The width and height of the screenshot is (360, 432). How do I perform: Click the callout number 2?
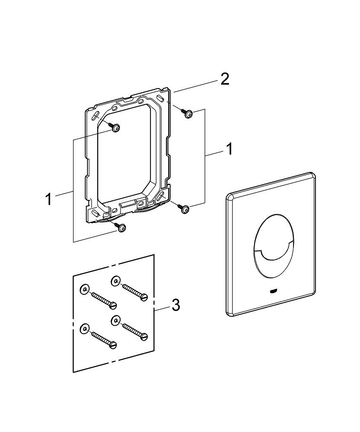click(x=224, y=79)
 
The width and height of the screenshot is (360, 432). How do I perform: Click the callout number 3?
click(x=175, y=305)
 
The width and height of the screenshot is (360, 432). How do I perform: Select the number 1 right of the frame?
click(x=229, y=149)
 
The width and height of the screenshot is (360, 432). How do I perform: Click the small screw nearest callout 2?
click(x=188, y=114)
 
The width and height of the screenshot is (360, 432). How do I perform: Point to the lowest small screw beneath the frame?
click(x=122, y=227)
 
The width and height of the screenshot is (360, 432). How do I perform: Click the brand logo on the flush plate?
click(x=273, y=290)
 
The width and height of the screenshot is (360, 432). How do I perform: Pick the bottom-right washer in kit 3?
click(x=115, y=320)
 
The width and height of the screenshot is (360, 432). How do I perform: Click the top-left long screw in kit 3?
click(x=104, y=300)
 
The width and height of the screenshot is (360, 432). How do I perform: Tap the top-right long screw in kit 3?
click(x=135, y=292)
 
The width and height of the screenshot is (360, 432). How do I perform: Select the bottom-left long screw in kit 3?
click(x=104, y=339)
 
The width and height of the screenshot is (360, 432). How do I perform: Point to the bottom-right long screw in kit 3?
click(x=135, y=330)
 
